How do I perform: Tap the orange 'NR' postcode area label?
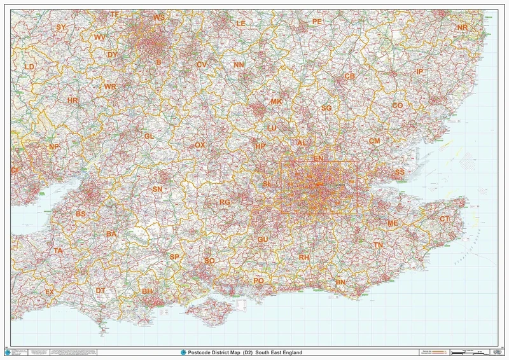point(462,27)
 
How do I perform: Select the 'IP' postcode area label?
point(419,72)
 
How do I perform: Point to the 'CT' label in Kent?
point(445,219)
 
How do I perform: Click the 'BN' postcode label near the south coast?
point(340,282)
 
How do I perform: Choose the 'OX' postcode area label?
point(200,145)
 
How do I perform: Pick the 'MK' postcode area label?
point(276,102)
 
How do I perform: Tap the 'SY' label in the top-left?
point(61,27)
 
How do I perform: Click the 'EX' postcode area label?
point(49,291)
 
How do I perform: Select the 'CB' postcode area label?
point(349,76)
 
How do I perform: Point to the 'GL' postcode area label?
point(150,136)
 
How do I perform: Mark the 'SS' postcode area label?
point(400,172)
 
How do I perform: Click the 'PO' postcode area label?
point(258,280)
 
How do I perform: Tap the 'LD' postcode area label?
point(29,66)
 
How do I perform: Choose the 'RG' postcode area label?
point(225,202)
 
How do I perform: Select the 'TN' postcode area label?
point(378,245)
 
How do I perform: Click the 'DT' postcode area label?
point(101,290)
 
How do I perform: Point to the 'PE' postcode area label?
point(317,22)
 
